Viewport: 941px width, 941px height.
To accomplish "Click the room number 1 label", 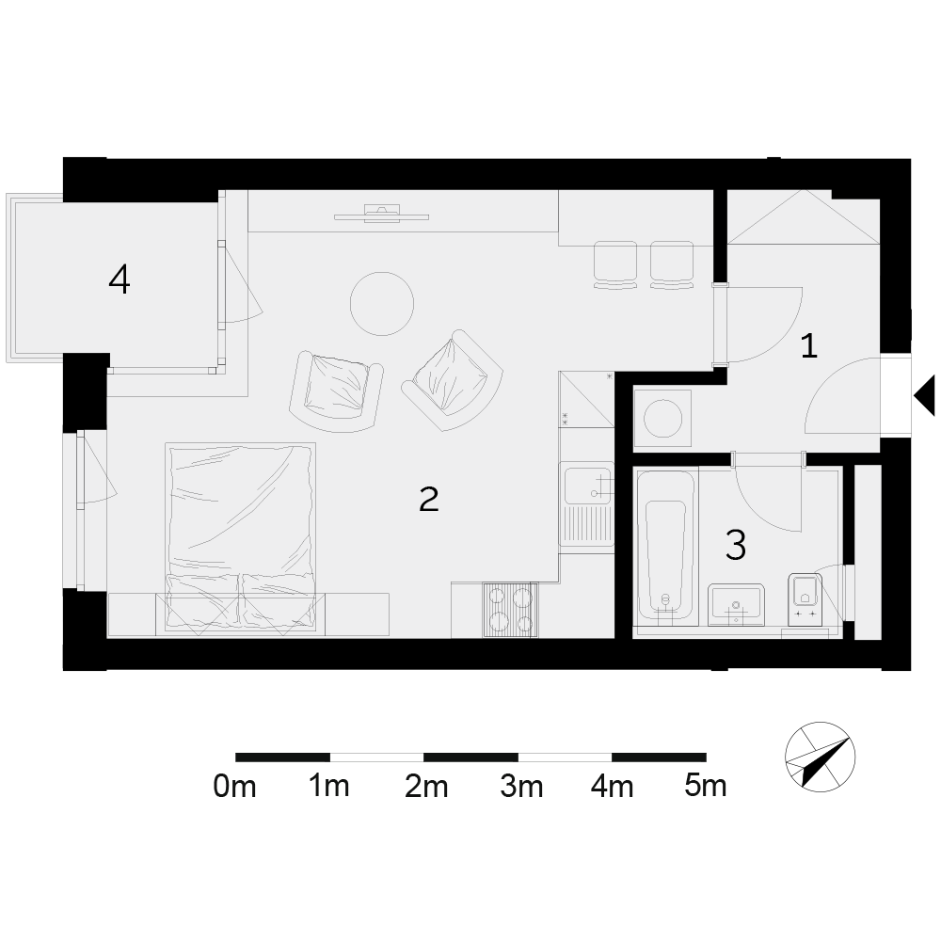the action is [x=809, y=346].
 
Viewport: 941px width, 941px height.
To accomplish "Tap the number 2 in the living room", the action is [x=428, y=499].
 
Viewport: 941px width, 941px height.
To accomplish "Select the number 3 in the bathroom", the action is [x=736, y=545].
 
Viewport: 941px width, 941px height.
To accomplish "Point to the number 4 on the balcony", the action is [x=120, y=279].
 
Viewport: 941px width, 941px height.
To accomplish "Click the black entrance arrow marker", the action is [x=924, y=395].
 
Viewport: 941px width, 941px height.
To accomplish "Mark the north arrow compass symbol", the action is [x=820, y=757].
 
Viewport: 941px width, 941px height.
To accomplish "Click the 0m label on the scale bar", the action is [x=234, y=786].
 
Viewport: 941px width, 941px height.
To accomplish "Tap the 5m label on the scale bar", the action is [x=705, y=786].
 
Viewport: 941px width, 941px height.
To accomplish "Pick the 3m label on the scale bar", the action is [x=521, y=786].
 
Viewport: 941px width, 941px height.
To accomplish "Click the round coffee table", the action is [x=382, y=303].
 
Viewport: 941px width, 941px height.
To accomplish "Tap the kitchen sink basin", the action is [x=587, y=485].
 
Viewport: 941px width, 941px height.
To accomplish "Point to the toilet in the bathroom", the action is [x=805, y=598].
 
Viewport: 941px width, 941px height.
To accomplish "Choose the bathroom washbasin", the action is [x=736, y=604].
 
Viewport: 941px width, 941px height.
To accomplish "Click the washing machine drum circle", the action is [x=662, y=419].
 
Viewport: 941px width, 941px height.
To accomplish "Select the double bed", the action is [x=241, y=536].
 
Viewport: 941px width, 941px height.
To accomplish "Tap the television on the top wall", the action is [x=382, y=214].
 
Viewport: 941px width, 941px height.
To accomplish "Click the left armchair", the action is [x=336, y=391].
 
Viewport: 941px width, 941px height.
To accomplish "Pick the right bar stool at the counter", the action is [x=672, y=264].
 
